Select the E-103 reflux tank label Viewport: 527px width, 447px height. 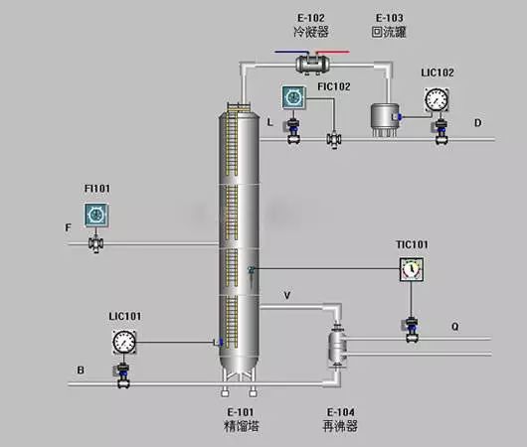pyautogui.click(x=389, y=25)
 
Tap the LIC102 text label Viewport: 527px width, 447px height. pyautogui.click(x=436, y=73)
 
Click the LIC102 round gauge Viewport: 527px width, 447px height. pyautogui.click(x=436, y=99)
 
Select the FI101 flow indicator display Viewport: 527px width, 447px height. pyautogui.click(x=96, y=213)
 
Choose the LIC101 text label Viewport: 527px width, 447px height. pyautogui.click(x=124, y=316)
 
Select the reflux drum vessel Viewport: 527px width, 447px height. pyautogui.click(x=383, y=117)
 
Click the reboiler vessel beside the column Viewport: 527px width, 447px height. pyautogui.click(x=338, y=348)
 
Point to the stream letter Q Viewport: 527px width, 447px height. pyautogui.click(x=455, y=325)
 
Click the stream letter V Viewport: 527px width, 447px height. pyautogui.click(x=287, y=295)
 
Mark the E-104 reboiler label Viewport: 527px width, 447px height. pyautogui.click(x=339, y=412)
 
